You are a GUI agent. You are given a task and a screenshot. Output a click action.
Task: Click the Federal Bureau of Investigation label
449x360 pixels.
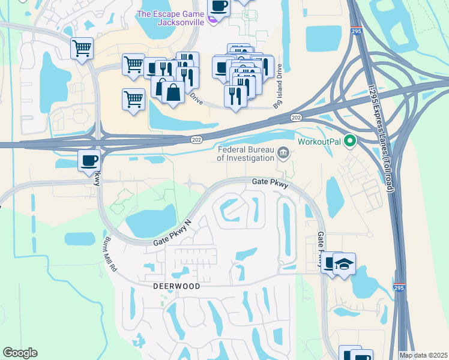coord(244,154)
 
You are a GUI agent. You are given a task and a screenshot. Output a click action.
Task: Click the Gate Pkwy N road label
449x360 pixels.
coord(172,233)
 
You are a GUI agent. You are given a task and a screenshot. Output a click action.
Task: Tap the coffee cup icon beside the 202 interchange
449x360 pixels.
coord(89,160)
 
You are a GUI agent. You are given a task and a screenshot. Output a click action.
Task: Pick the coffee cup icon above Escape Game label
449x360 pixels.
coord(218,7)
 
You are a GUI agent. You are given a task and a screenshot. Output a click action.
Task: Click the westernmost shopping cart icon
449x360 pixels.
coord(82,48)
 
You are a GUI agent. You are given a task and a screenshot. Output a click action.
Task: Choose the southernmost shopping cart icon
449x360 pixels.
coord(134,99)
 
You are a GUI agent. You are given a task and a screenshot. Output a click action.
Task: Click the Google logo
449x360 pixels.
coord(20,353)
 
